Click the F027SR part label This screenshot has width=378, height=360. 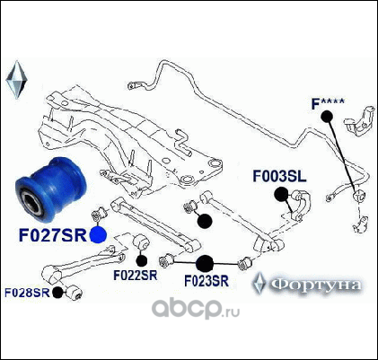(x=53, y=235)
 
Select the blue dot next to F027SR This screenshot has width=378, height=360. (x=98, y=234)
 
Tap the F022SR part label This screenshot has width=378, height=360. (x=136, y=276)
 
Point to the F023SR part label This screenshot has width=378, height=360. (x=207, y=281)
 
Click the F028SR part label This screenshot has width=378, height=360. (x=27, y=293)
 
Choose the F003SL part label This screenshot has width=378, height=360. (x=279, y=176)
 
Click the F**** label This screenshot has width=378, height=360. (x=328, y=104)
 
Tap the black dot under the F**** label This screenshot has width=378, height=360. (x=327, y=117)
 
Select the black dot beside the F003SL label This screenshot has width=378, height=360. (x=281, y=194)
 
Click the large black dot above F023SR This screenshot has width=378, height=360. (x=205, y=263)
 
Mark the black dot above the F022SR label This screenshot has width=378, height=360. (x=142, y=260)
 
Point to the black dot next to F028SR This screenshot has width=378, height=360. (x=57, y=293)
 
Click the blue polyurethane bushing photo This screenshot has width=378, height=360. (x=51, y=189)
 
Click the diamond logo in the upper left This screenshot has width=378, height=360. (x=17, y=80)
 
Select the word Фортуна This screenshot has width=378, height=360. (x=317, y=285)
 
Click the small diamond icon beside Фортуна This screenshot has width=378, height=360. (x=259, y=283)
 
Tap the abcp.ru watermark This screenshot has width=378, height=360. (x=196, y=308)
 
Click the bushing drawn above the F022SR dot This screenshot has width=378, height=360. (x=141, y=242)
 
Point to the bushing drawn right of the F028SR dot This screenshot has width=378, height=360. (x=74, y=293)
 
